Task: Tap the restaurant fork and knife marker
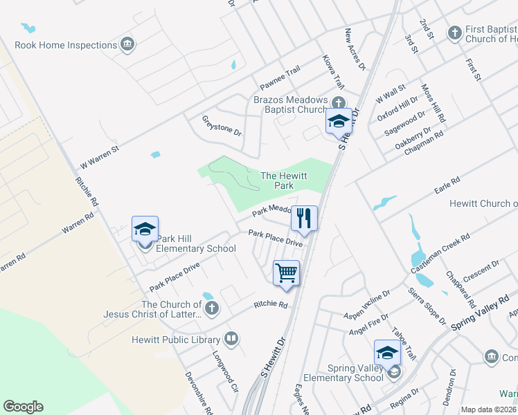304,218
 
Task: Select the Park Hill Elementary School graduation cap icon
145,229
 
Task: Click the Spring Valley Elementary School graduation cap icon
387,353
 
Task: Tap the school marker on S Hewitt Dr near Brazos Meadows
339,121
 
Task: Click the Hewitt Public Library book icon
231,339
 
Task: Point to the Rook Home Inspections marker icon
127,45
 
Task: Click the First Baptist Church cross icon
454,32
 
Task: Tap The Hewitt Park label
284,181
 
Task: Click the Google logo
23,407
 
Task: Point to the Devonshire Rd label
195,392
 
